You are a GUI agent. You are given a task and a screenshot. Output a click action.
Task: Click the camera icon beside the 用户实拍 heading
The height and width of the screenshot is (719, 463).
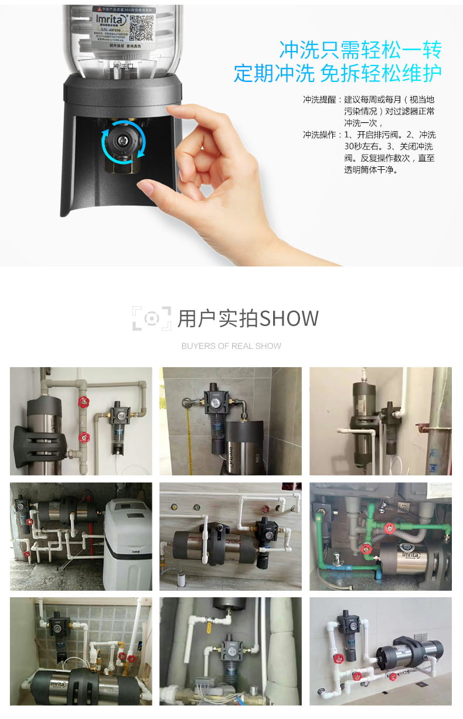[151, 318]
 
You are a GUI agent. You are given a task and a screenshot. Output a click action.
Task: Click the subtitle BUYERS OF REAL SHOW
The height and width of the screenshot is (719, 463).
[231, 346]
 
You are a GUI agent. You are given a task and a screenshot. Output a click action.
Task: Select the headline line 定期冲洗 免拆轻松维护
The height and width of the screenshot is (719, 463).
[337, 73]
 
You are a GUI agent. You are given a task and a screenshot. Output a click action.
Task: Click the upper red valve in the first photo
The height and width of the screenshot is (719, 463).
[85, 402]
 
